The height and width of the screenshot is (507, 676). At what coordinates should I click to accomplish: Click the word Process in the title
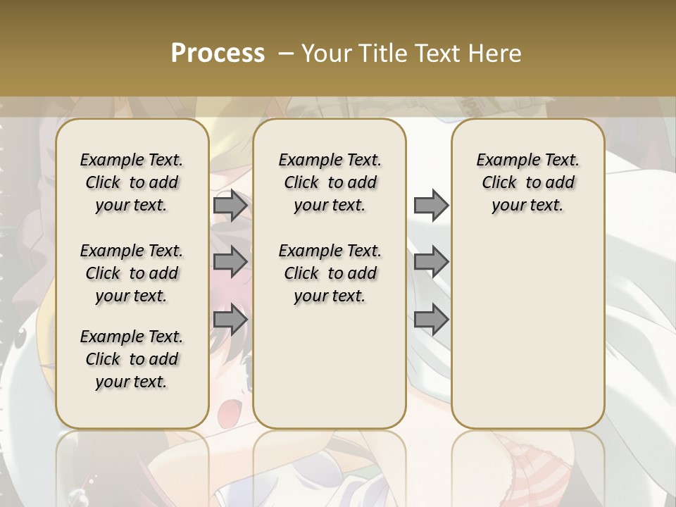[218, 54]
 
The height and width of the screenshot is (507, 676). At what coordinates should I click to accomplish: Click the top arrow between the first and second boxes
[230, 206]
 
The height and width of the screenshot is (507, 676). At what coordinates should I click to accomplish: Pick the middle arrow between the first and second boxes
[230, 262]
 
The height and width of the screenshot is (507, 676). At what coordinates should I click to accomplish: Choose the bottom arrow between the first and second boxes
[230, 320]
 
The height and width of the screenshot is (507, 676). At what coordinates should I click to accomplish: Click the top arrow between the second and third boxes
[431, 206]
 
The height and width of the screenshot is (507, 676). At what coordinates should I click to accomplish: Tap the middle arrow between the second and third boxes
[431, 262]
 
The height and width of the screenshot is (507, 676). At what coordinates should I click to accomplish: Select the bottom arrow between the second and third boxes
[431, 320]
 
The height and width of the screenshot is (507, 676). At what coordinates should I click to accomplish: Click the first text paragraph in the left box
[132, 182]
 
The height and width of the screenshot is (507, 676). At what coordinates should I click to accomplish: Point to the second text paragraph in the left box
[132, 273]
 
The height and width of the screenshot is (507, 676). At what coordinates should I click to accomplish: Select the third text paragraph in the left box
[132, 359]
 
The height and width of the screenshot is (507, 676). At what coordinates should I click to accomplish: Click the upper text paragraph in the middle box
[330, 182]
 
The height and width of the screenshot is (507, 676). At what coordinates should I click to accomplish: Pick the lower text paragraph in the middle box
[330, 273]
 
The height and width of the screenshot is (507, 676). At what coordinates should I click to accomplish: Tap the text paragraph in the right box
[528, 182]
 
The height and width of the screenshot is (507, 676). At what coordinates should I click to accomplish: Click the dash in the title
[287, 54]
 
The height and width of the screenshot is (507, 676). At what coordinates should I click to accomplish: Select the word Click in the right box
[499, 183]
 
